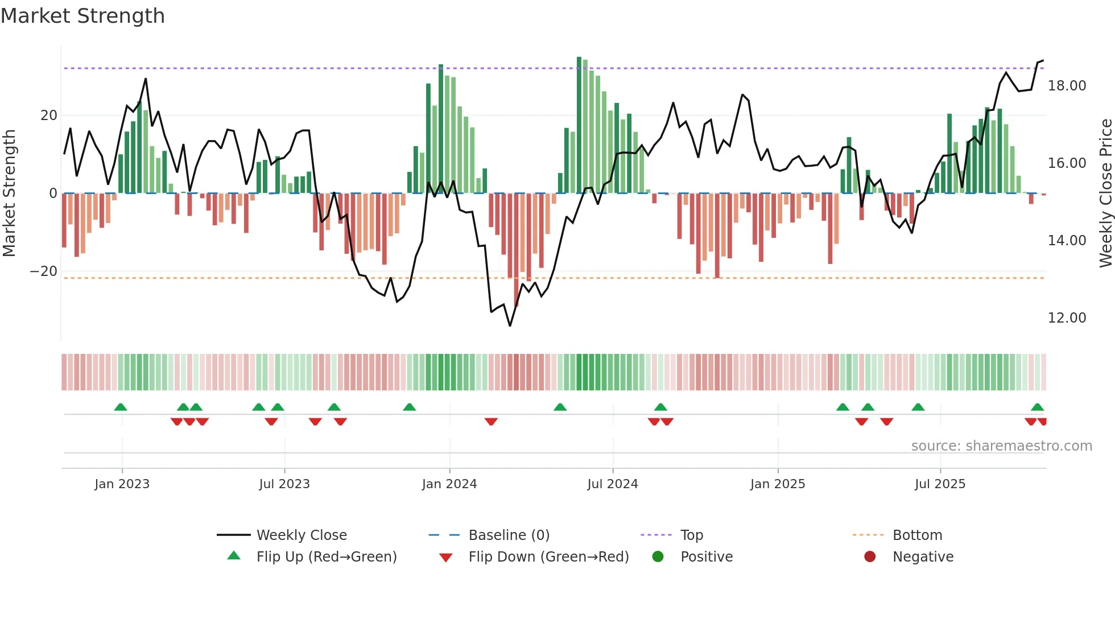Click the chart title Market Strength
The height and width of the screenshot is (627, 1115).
[82, 16]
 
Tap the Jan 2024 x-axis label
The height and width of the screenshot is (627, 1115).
[449, 484]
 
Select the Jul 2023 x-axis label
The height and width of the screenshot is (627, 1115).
[284, 484]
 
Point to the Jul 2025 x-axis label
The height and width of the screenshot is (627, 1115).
[940, 484]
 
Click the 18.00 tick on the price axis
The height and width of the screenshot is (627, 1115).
[1067, 86]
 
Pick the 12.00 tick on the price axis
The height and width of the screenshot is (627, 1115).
[1067, 318]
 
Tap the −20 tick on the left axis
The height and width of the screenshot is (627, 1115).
[44, 271]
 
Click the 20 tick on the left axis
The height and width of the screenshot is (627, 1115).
[49, 115]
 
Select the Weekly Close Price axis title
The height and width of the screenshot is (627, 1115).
[1105, 193]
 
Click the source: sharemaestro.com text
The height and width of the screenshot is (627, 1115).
[1001, 446]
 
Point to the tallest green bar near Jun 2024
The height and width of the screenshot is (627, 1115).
[579, 125]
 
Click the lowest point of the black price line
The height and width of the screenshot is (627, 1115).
[510, 325]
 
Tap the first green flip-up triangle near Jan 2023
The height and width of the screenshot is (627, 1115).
[121, 407]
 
